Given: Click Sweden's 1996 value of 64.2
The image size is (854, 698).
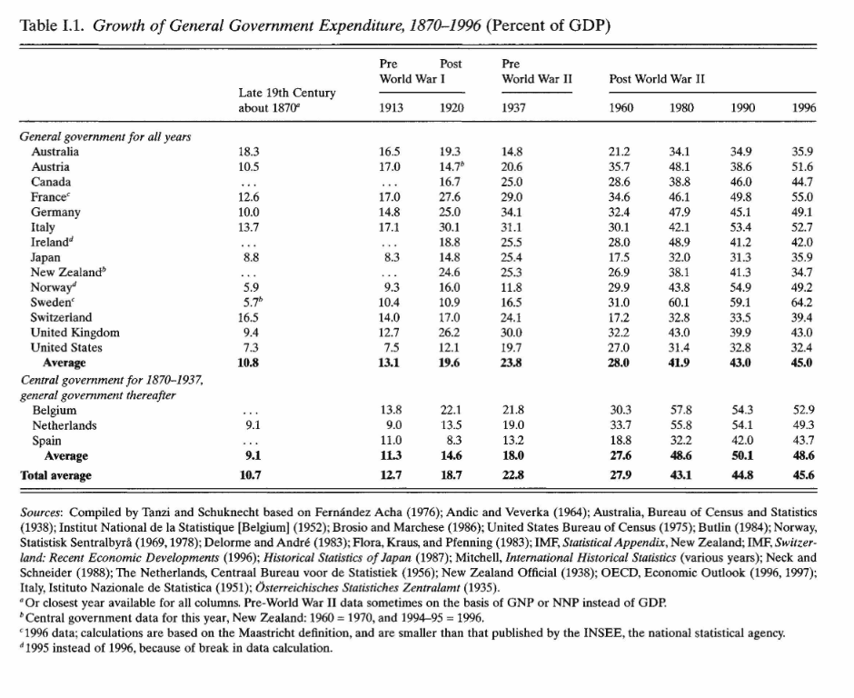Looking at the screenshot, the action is tap(801, 303).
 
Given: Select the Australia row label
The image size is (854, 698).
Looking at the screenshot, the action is tap(55, 152).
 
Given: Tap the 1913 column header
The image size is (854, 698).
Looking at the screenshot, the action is tap(391, 108).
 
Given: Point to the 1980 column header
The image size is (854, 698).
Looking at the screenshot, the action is tap(680, 108).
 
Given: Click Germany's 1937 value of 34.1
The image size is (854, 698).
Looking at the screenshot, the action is tap(511, 212).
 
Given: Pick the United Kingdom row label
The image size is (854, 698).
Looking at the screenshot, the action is tap(75, 333).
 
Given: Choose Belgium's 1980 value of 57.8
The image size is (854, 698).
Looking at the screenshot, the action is tap(680, 410).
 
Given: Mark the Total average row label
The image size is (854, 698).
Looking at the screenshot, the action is tap(55, 475).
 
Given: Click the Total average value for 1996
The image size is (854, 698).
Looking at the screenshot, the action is tap(803, 475).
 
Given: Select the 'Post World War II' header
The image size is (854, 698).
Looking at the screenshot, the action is tap(656, 79).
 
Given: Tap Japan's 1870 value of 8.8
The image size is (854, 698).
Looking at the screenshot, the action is tap(251, 257).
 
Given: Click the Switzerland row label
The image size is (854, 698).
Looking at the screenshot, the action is tap(61, 318).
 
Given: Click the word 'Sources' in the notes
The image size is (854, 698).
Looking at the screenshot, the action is tap(41, 513).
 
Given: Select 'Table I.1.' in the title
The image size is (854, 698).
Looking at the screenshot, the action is tap(52, 25).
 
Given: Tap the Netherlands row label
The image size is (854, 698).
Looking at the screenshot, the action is tap(65, 425).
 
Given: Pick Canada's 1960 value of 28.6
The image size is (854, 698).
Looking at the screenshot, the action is tap(620, 182).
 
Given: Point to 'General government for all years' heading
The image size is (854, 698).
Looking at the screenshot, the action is tap(105, 136).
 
